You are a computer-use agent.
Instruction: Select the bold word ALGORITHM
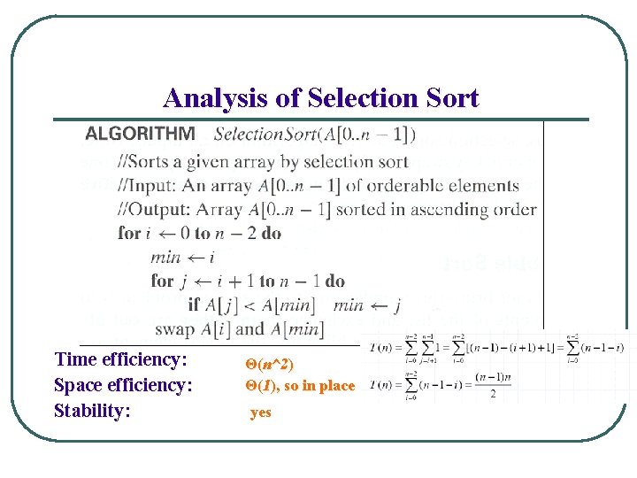(x=140, y=135)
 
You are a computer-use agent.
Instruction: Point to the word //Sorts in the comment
(x=147, y=161)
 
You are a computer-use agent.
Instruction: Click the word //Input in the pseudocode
(x=150, y=186)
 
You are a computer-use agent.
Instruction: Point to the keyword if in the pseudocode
(x=193, y=305)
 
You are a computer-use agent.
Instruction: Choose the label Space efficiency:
(x=124, y=385)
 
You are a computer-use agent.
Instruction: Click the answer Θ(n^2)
(x=269, y=364)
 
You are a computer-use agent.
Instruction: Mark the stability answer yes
(x=260, y=412)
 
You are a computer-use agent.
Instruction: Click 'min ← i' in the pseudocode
(x=182, y=257)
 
